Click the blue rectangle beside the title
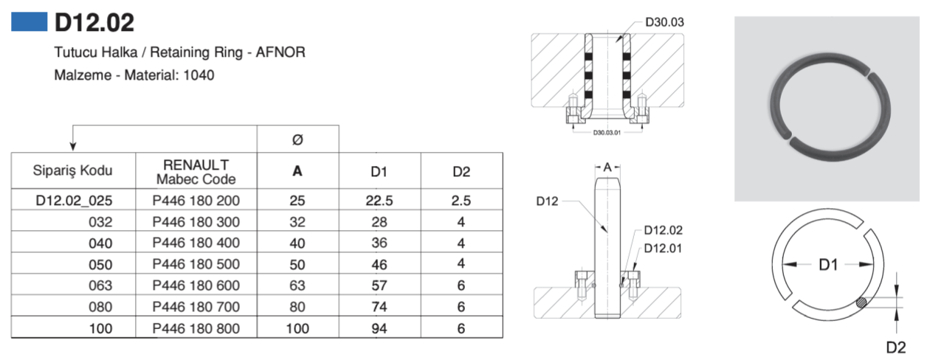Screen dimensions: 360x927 point(29,22)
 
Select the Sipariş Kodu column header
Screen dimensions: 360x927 point(72,171)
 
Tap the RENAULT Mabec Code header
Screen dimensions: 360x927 point(196,171)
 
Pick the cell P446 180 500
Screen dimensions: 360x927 point(196,264)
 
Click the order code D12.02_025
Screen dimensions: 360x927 point(75,200)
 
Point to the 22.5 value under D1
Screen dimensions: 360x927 point(379,200)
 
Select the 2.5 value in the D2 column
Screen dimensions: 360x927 point(461,200)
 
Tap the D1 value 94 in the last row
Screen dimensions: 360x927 point(379,328)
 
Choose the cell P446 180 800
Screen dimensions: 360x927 point(196,328)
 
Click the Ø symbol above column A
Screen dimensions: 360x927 point(297,139)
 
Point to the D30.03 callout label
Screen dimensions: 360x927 point(664,22)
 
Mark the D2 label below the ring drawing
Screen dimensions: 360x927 point(896,346)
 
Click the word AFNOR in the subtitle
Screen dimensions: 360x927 point(283,53)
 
